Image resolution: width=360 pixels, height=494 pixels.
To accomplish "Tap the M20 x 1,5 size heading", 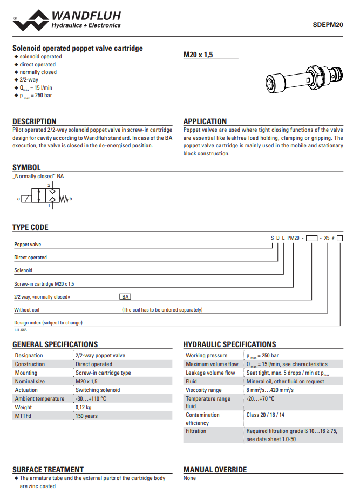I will pos(198,55).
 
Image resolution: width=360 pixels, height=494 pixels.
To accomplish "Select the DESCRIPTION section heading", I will pos(34,121).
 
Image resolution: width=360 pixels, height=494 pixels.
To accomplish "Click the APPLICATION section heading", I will pos(205,121).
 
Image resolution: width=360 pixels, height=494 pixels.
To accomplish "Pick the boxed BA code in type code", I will pos(125,297).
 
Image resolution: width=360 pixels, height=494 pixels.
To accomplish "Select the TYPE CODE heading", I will pos(30,227).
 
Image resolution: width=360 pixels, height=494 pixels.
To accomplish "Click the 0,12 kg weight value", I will pos(84,407).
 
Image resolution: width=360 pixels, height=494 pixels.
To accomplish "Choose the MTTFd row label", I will pos(23,416).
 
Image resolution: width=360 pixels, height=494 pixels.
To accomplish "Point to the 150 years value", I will pos(87,416).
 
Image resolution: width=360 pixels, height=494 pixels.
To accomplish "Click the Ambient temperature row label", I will pos(39,398).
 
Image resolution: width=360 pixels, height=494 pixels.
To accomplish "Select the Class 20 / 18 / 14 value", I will pos(266,415).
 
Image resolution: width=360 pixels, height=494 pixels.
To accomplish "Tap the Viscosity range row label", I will pos(203,390).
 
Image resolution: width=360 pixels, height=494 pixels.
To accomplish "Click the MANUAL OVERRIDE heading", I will pos(215,470).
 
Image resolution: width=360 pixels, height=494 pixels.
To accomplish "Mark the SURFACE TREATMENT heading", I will pos(48,470).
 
